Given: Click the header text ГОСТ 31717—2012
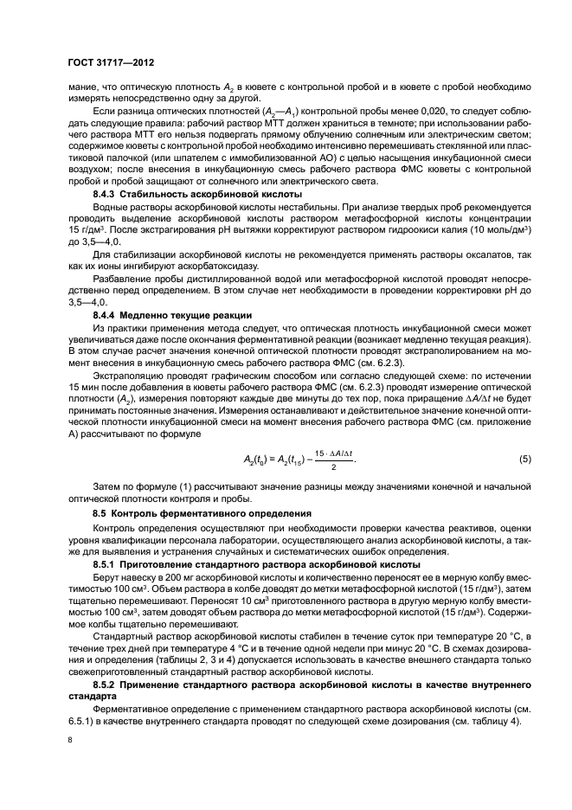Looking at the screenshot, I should (x=107, y=63).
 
